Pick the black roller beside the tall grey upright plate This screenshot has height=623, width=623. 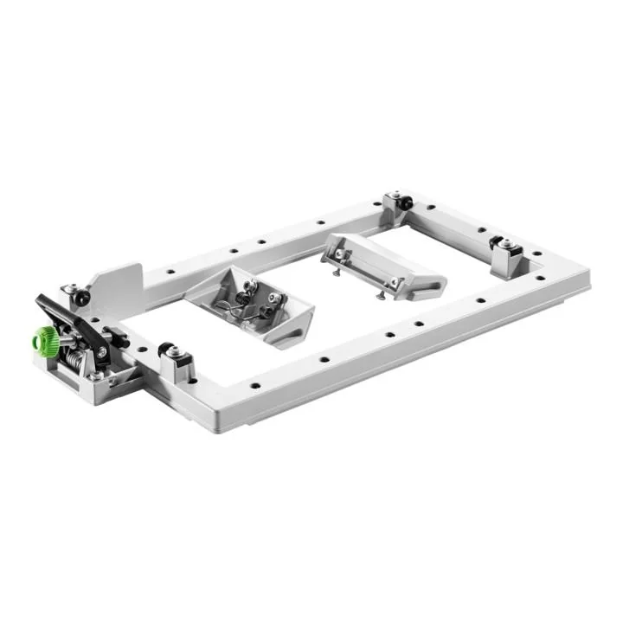(x=80, y=297)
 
